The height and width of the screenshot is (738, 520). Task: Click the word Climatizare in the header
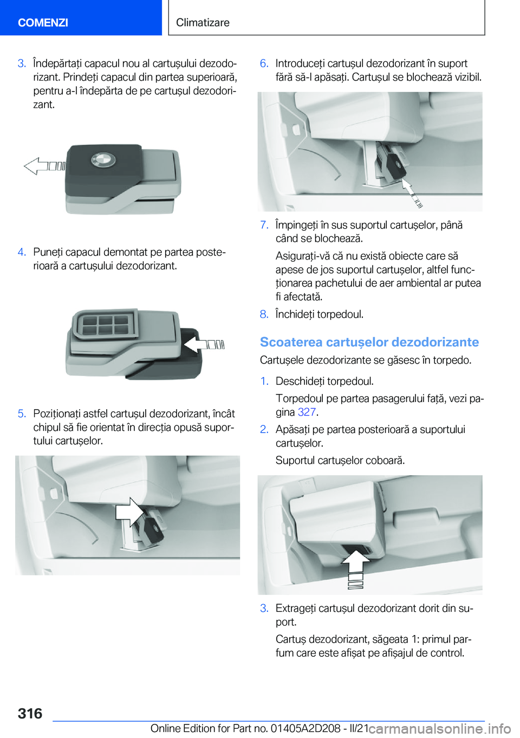pyautogui.click(x=203, y=22)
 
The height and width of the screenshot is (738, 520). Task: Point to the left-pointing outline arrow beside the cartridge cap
pyautogui.click(x=45, y=166)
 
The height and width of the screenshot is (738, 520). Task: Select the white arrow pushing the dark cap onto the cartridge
pyautogui.click(x=204, y=345)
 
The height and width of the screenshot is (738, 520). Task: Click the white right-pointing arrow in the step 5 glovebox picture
pyautogui.click(x=129, y=512)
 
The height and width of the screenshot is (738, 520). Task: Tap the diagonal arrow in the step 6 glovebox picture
pyautogui.click(x=411, y=193)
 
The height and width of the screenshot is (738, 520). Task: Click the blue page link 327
pyautogui.click(x=307, y=412)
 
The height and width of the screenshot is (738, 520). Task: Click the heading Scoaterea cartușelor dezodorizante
pyautogui.click(x=369, y=342)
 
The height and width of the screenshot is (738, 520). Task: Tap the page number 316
pyautogui.click(x=30, y=714)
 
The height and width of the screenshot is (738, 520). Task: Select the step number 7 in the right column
pyautogui.click(x=264, y=225)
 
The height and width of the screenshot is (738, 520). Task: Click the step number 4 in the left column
pyautogui.click(x=22, y=252)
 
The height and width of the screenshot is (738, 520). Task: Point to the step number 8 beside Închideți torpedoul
pyautogui.click(x=264, y=314)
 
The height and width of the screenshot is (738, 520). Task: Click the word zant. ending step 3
pyautogui.click(x=44, y=105)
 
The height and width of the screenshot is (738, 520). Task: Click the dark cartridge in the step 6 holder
pyautogui.click(x=396, y=165)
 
